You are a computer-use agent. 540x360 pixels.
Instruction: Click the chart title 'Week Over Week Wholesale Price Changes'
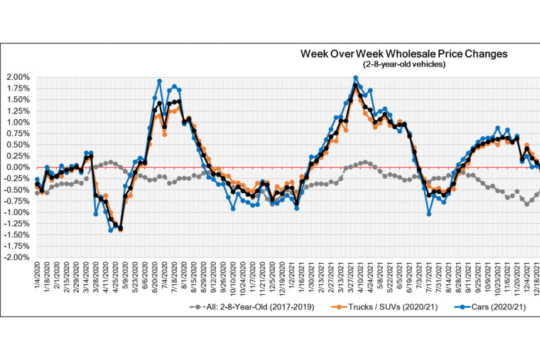(404, 54)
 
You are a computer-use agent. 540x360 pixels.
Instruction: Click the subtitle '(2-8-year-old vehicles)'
(404, 64)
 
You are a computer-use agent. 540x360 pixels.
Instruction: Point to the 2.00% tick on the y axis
(17, 77)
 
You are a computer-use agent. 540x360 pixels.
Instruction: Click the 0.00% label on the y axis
(17, 167)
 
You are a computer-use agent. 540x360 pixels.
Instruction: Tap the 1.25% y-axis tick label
(17, 111)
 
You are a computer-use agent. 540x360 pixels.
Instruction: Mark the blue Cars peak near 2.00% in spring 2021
(356, 78)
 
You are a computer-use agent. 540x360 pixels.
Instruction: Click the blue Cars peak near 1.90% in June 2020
(160, 81)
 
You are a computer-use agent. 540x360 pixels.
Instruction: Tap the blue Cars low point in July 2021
(429, 214)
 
